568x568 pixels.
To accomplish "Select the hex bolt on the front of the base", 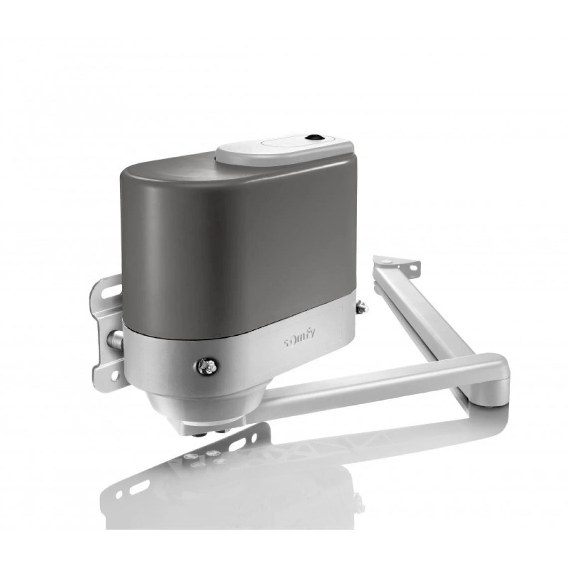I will [x=205, y=367].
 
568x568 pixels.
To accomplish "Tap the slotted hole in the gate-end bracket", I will [x=412, y=269].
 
